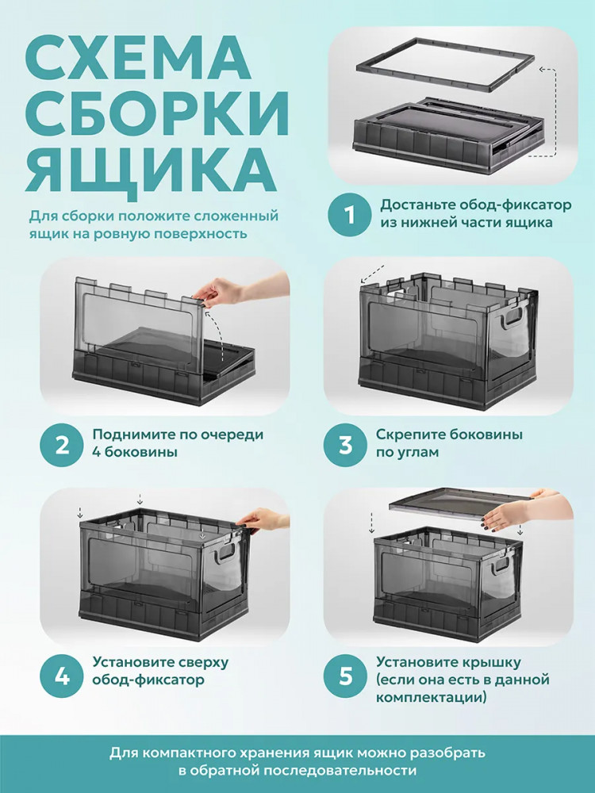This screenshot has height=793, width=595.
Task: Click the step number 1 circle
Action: [351, 216]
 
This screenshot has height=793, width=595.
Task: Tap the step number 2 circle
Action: [62, 445]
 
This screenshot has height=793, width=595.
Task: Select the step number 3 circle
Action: [346, 445]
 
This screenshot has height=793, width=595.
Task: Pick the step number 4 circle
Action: [62, 675]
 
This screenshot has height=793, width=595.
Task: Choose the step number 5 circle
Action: [346, 675]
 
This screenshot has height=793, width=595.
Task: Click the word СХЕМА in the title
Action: [138, 59]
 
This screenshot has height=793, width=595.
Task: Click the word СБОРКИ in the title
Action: [157, 113]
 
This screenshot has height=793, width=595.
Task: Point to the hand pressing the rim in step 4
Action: [263, 521]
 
